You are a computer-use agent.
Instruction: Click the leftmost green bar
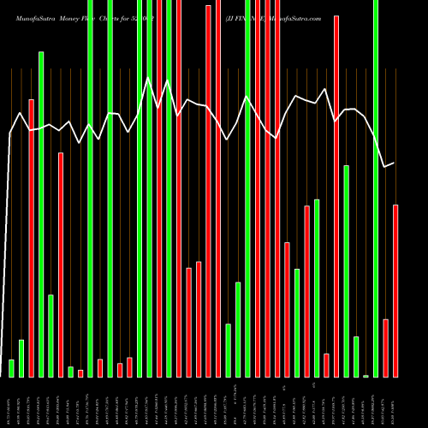11,368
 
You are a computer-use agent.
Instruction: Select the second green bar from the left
21,358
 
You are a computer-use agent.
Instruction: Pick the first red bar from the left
32,238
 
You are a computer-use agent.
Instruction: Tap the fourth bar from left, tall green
41,214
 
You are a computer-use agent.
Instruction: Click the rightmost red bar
395,291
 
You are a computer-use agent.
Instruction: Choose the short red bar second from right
385,348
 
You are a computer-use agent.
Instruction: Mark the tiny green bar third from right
366,376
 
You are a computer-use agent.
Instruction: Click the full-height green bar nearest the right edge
376,188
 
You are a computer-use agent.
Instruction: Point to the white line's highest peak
149,78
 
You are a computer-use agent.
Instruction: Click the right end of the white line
394,163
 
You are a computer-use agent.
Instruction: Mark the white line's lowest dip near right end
384,166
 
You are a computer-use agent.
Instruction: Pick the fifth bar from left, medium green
51,336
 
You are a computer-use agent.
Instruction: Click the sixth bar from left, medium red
61,265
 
